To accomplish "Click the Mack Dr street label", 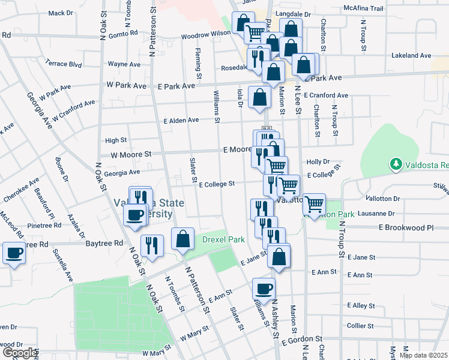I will [60, 13].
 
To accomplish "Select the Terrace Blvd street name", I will [64, 63].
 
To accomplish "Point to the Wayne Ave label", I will [124, 64].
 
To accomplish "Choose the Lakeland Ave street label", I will [411, 55].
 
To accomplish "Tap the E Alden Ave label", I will [181, 120].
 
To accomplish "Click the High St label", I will [116, 140].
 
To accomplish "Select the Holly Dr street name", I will [318, 162].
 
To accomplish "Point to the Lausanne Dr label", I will [375, 213].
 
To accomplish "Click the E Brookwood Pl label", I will [405, 228].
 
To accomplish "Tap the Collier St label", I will [361, 326].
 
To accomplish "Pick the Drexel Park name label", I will [223, 239].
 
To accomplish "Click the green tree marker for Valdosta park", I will [396, 163].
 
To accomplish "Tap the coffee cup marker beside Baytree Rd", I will [14, 252].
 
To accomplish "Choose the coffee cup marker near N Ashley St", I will [264, 289].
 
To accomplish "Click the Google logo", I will [20, 353].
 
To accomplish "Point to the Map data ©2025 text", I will [424, 355].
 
